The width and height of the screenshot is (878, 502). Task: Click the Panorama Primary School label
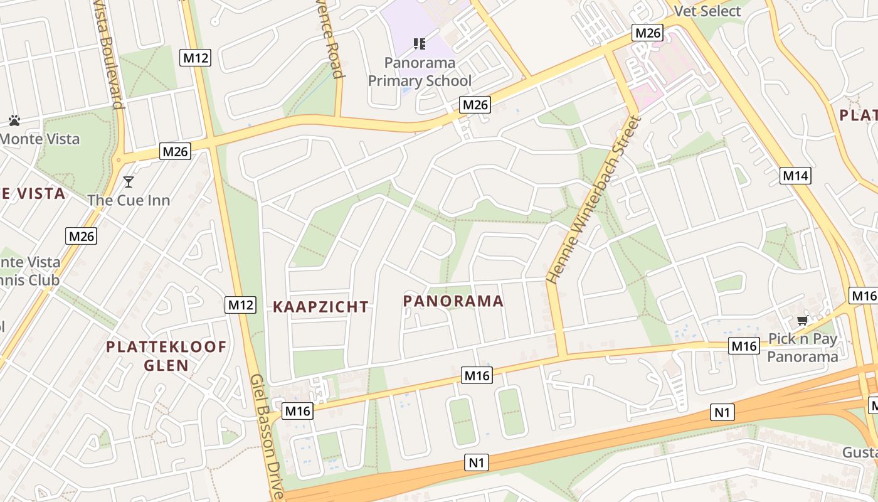coord(420,72)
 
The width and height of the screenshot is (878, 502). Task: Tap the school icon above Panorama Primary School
coord(419,44)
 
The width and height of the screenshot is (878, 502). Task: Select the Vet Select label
coord(707,11)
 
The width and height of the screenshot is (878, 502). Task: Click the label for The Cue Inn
coord(129,200)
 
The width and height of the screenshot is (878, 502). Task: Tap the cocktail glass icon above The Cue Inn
coord(129,182)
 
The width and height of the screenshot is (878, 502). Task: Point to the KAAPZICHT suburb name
coord(320,307)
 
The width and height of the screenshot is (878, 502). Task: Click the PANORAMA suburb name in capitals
coord(453,301)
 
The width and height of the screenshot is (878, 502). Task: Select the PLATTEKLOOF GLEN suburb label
coord(166,356)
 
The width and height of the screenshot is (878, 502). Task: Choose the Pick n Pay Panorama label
coord(803,348)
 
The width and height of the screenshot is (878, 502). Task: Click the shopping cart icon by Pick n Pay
coord(802,321)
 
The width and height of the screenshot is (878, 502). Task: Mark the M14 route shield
coord(795,176)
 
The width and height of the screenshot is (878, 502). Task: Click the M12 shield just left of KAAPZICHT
coord(241,305)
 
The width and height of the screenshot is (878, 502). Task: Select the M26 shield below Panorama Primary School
coord(474,105)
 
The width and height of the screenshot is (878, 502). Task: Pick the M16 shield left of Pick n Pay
coord(744,345)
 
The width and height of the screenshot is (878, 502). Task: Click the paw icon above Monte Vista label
coord(14,120)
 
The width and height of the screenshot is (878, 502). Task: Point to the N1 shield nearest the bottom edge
coord(477,463)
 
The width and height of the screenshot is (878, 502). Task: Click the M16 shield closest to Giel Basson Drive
coord(297,411)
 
